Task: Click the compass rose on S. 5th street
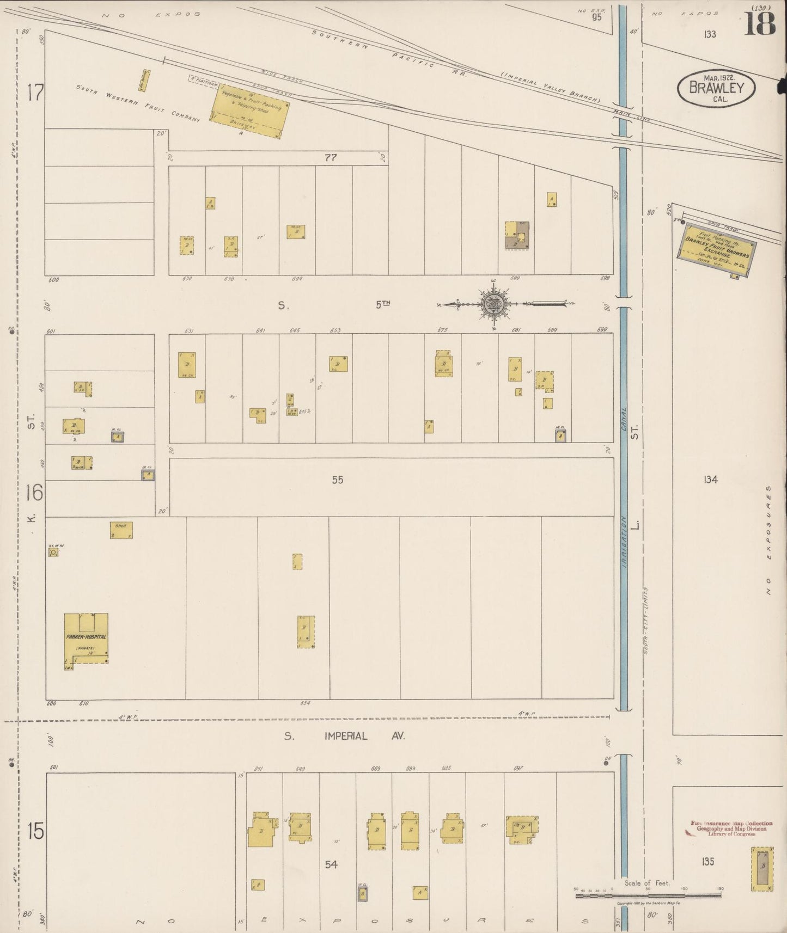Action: pos(493,304)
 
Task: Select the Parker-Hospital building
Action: pos(86,639)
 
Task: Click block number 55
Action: pos(338,480)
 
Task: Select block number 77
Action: pos(331,158)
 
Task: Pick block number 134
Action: pos(710,480)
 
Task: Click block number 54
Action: pos(331,864)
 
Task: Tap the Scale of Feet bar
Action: pos(648,894)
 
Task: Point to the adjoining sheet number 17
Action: pos(35,93)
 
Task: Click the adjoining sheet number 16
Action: pos(33,493)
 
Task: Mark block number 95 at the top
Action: pos(597,17)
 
